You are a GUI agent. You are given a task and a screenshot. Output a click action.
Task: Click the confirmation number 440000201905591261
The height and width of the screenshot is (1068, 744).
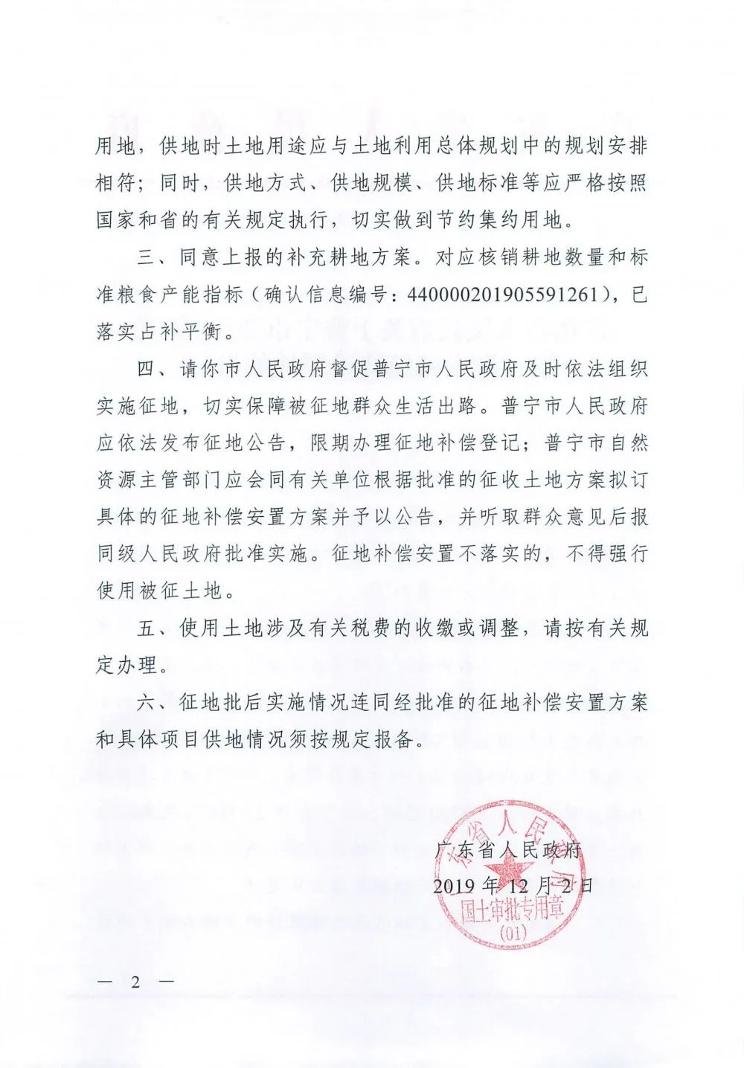pyautogui.click(x=503, y=295)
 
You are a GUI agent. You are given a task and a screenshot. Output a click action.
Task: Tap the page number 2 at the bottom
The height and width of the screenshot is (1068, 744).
pyautogui.click(x=135, y=981)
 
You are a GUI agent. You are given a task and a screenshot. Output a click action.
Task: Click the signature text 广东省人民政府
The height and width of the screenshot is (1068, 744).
pyautogui.click(x=507, y=849)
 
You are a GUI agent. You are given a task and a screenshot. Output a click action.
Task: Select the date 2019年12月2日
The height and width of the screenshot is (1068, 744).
pyautogui.click(x=513, y=885)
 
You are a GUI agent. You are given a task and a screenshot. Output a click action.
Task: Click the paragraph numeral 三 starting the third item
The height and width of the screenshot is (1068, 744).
pyautogui.click(x=147, y=257)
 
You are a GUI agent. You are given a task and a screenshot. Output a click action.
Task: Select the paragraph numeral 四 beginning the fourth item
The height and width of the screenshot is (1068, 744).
pyautogui.click(x=147, y=369)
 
